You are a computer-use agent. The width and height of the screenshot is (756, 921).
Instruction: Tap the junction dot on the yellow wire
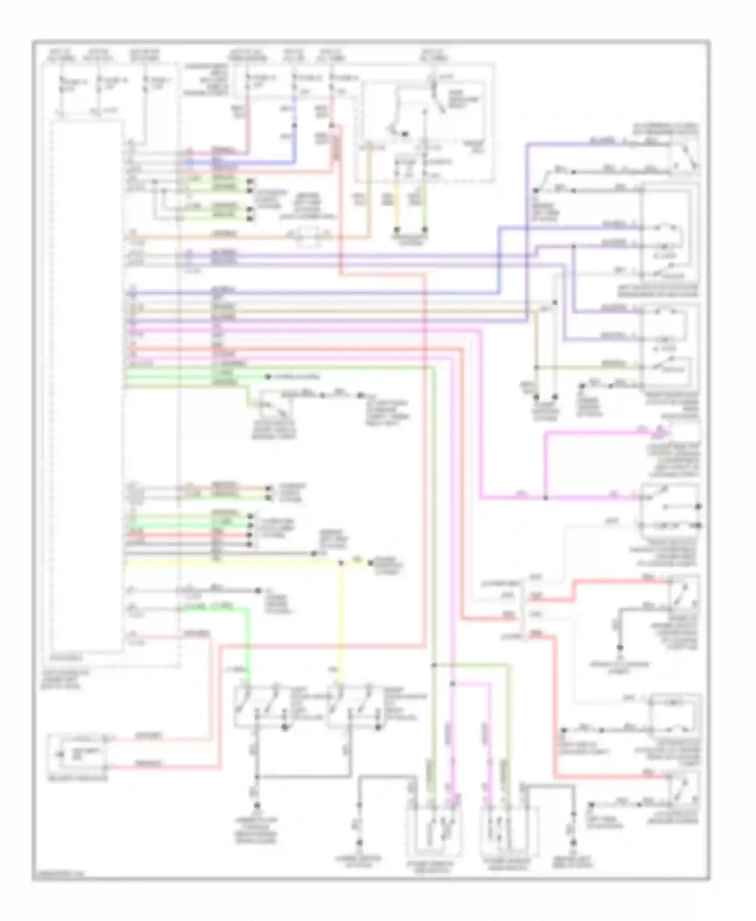(341, 563)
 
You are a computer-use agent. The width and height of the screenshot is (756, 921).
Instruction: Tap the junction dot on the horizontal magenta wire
(545, 498)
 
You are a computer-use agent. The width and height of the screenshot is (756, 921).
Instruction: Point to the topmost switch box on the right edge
(684, 156)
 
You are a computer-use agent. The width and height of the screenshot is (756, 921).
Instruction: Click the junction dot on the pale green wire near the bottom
(433, 665)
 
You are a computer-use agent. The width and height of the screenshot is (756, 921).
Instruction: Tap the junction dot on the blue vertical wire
(295, 126)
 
